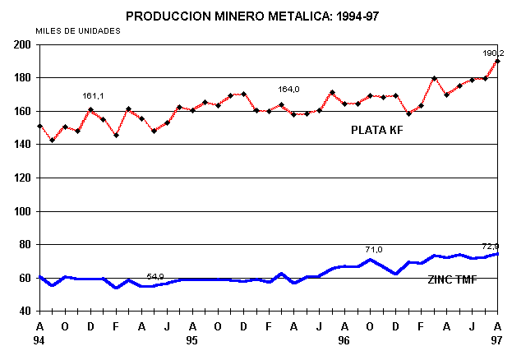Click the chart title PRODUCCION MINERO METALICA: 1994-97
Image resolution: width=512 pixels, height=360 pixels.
(257, 15)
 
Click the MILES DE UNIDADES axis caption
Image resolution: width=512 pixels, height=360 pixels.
(78, 30)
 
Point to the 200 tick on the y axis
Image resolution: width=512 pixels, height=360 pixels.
(22, 44)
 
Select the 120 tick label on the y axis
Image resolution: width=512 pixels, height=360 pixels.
(22, 178)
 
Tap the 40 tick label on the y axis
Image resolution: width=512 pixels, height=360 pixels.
(25, 311)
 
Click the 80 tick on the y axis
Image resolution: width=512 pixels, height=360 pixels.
(25, 244)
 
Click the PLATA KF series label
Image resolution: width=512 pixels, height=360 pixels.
(378, 130)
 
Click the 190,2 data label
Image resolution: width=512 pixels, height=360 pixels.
(494, 53)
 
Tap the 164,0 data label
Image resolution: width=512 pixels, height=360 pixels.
(288, 90)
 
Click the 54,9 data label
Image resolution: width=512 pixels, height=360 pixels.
(157, 276)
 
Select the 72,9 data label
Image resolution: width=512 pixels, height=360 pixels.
(491, 246)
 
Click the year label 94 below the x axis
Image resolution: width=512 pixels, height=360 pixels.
(39, 339)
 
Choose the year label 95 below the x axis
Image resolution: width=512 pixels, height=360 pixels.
(191, 339)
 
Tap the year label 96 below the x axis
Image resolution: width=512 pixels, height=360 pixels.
(344, 339)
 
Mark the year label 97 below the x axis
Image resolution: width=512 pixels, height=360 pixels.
(496, 339)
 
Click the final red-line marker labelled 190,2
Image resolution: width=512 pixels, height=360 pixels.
(497, 62)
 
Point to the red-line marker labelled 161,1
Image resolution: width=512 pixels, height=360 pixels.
(90, 110)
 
